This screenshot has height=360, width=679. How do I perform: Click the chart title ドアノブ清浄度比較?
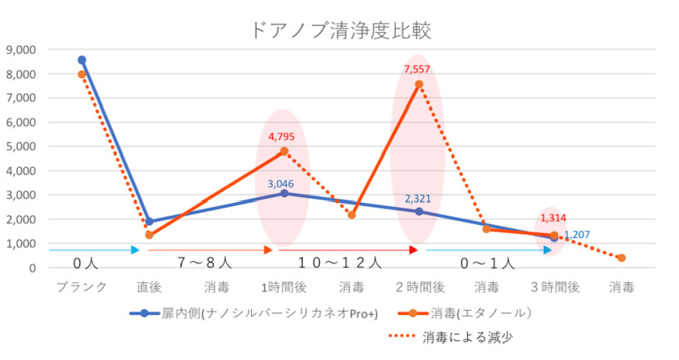click(x=339, y=31)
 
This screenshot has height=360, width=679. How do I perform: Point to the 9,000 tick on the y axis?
click(x=22, y=50)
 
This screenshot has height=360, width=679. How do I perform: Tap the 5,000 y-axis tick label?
click(x=22, y=146)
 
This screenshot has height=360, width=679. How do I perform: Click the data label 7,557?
click(x=418, y=70)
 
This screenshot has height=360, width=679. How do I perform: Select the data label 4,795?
click(x=282, y=137)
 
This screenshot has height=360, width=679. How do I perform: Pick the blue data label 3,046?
click(x=283, y=182)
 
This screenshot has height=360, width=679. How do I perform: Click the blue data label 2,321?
click(x=417, y=199)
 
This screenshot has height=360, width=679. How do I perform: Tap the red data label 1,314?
click(x=551, y=218)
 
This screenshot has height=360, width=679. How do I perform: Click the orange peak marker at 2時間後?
click(x=419, y=84)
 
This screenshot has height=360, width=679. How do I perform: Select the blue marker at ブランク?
click(x=82, y=60)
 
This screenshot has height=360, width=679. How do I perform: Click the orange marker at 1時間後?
click(x=284, y=151)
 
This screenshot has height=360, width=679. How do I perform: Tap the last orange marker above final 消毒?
click(x=622, y=258)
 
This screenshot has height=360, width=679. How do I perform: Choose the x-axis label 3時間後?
click(x=554, y=287)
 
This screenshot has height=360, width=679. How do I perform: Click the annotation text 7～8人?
click(x=205, y=263)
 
